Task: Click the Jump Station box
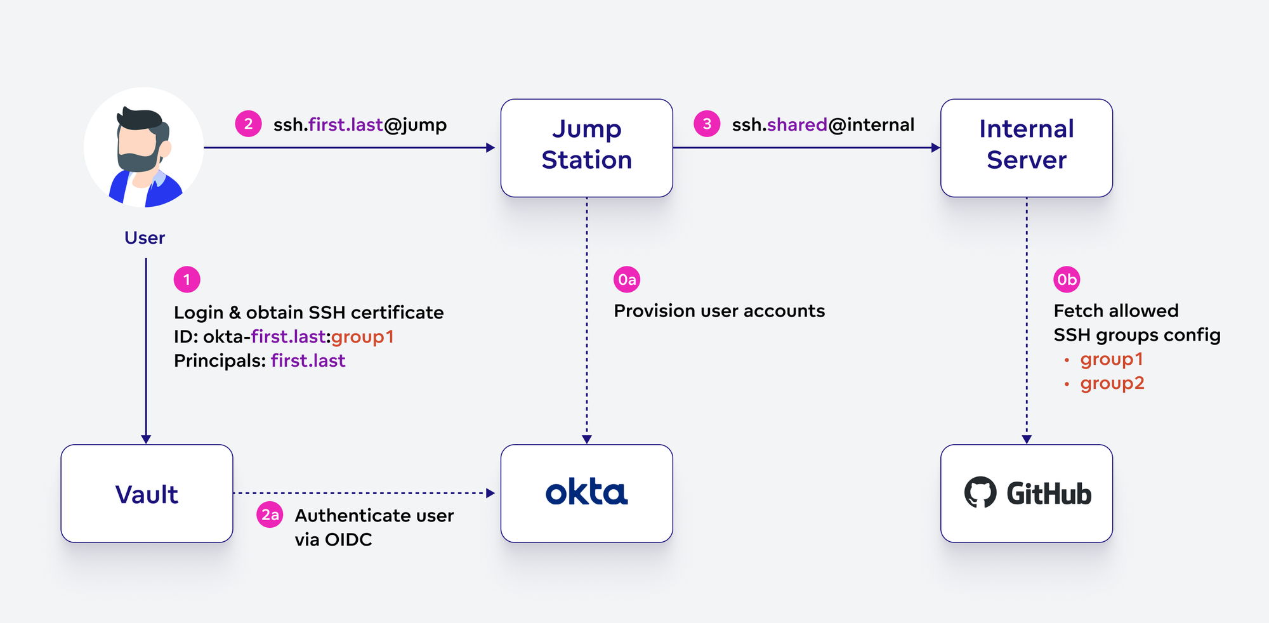pyautogui.click(x=586, y=147)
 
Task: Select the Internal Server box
pyautogui.click(x=1026, y=147)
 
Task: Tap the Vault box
pyautogui.click(x=147, y=494)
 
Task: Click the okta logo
pyautogui.click(x=586, y=493)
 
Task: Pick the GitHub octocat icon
pyautogui.click(x=980, y=492)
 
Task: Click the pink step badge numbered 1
pyautogui.click(x=187, y=279)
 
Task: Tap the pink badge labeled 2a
pyautogui.click(x=270, y=515)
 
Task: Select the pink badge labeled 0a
pyautogui.click(x=627, y=279)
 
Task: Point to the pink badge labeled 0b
pyautogui.click(x=1067, y=279)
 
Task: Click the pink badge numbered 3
pyautogui.click(x=707, y=124)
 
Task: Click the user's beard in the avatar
pyautogui.click(x=136, y=161)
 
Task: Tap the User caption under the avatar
pyautogui.click(x=145, y=238)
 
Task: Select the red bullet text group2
pyautogui.click(x=1112, y=383)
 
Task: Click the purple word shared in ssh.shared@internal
pyautogui.click(x=797, y=124)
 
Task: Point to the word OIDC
pyautogui.click(x=348, y=539)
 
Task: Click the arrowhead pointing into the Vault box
pyautogui.click(x=146, y=439)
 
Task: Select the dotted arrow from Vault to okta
pyautogui.click(x=362, y=493)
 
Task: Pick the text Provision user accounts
pyautogui.click(x=719, y=311)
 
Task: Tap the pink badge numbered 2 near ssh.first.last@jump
pyautogui.click(x=248, y=124)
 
